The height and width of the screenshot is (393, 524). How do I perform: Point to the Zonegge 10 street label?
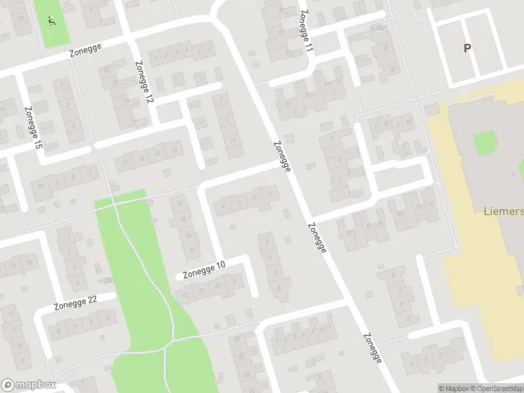204,269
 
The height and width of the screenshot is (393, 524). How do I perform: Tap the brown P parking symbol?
467,48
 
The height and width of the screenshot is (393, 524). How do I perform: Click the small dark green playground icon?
52,20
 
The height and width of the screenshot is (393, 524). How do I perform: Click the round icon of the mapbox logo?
9,385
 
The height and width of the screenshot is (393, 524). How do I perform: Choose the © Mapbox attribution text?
455,388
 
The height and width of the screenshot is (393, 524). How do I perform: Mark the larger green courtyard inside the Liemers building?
484,142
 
